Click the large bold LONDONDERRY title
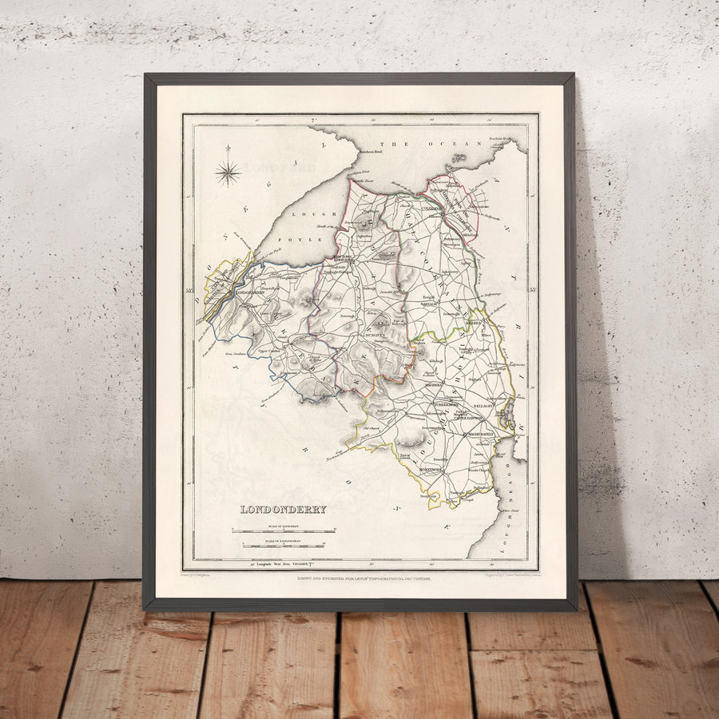click(284, 509)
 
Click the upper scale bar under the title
click(284, 530)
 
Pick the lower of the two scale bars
click(284, 546)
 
